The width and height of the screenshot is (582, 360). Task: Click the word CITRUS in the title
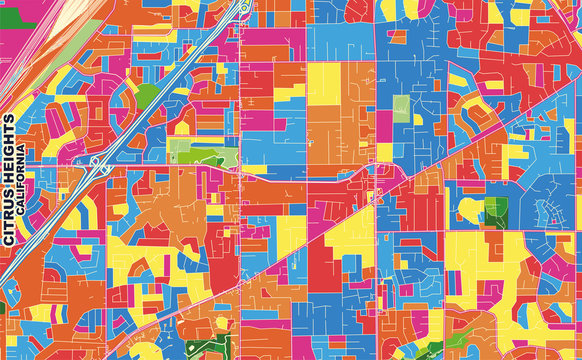9,220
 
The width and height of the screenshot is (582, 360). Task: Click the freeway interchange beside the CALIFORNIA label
98,166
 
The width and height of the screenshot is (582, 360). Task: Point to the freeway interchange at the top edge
243,8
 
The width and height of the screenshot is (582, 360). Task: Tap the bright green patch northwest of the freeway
148,95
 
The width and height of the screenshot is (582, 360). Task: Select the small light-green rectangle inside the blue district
400,110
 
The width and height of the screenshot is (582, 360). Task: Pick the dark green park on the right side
495,211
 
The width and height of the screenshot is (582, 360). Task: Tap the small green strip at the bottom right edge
430,351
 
